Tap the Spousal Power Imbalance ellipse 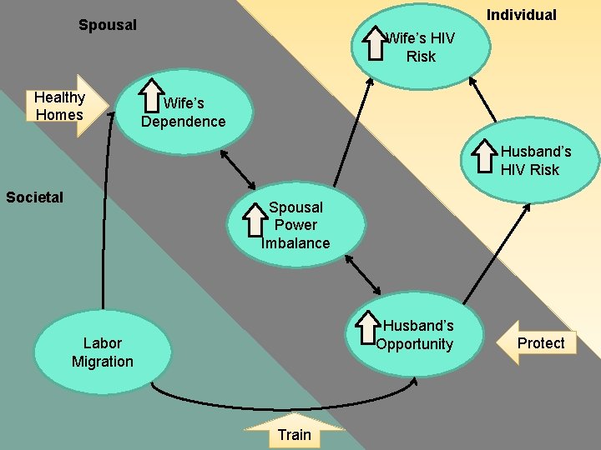(296, 225)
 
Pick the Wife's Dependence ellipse (181, 112)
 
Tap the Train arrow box (294, 432)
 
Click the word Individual (522, 15)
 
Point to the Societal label (34, 197)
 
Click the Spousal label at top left (108, 25)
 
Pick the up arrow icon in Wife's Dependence (151, 96)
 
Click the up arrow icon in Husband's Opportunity (367, 327)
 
